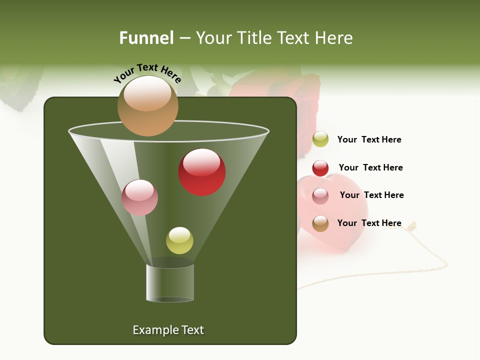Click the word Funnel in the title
click(146, 38)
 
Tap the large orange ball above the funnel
click(147, 105)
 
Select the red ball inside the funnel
click(201, 172)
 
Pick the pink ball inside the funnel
click(139, 197)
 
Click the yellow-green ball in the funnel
click(179, 240)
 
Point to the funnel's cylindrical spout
click(170, 282)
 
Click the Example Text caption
click(168, 330)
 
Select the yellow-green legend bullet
click(320, 139)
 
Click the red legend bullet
click(320, 168)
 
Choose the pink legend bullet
click(320, 196)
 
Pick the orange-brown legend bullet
click(320, 223)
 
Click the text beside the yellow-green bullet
click(369, 140)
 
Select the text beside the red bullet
click(370, 168)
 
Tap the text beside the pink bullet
click(371, 195)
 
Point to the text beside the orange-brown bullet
click(369, 223)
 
